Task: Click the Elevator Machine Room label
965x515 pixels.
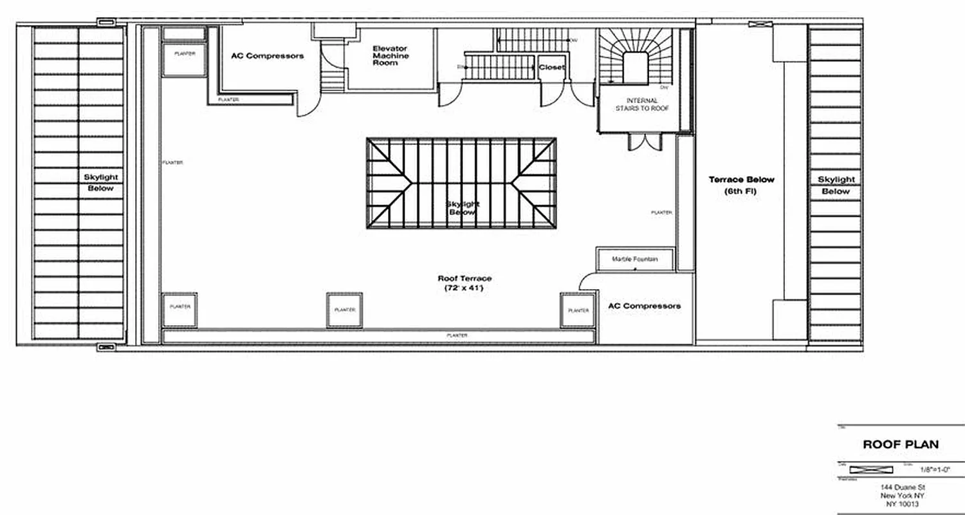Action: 391,56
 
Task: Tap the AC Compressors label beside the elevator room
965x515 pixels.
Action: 267,56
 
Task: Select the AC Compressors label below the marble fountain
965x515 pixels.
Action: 644,306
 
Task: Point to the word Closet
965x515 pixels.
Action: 552,68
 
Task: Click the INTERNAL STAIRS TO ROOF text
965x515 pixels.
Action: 642,104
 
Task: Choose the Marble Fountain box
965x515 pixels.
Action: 635,259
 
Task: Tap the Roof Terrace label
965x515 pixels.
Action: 464,278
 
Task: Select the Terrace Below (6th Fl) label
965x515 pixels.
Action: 741,185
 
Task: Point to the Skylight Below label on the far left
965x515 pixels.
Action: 101,183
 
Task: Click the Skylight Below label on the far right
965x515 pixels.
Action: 836,185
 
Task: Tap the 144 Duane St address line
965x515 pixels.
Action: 900,489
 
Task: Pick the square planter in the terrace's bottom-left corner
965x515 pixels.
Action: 179,310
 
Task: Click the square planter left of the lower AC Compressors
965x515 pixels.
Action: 578,310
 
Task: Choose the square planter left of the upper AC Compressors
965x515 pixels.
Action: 179,59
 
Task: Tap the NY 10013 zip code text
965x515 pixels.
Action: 900,505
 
